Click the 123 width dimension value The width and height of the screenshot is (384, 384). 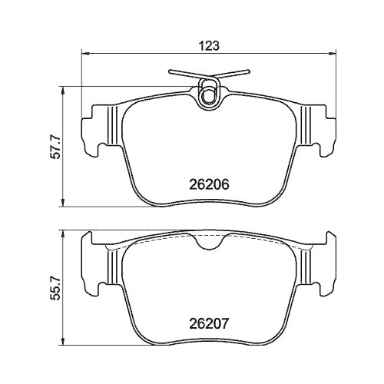pos(209,46)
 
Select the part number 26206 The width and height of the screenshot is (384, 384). pos(209,184)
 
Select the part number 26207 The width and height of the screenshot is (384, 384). pos(208,324)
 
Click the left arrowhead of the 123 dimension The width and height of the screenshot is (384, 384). pos(85,53)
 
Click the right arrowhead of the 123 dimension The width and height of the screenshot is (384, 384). pos(332,53)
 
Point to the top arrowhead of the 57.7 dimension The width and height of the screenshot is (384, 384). pos(63,90)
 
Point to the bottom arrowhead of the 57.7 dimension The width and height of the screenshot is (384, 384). pos(63,203)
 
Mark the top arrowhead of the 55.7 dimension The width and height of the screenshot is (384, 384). pos(63,234)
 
